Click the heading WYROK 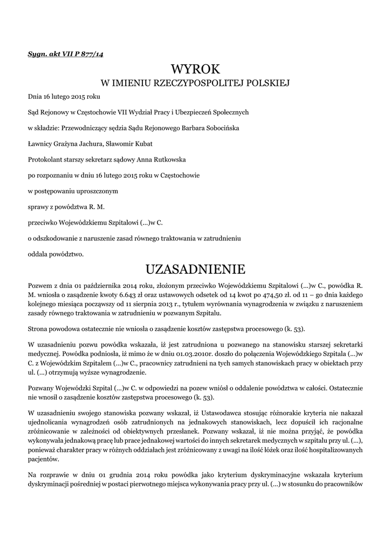click(x=195, y=70)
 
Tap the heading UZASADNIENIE click(x=195, y=268)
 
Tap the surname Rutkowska click(x=182, y=159)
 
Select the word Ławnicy click(x=39, y=144)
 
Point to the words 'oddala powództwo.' click(x=56, y=253)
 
